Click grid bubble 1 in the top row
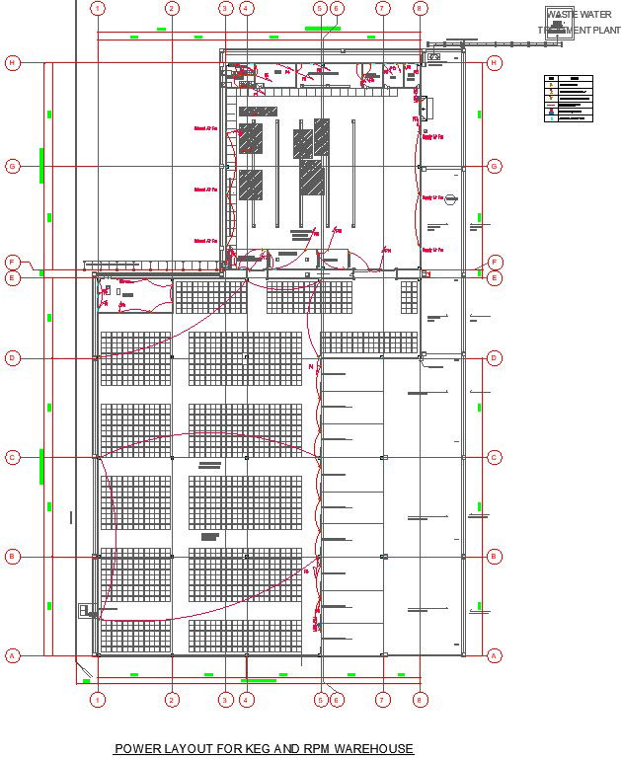point(98,9)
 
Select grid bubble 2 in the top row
point(172,9)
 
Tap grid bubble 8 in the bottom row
point(421,700)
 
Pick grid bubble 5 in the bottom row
point(321,700)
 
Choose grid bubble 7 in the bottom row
point(382,700)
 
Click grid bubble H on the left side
point(13,62)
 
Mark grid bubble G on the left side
point(13,167)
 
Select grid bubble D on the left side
point(13,358)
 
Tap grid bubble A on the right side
point(495,655)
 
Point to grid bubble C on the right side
point(495,457)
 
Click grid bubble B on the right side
point(495,557)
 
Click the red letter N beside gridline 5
point(311,368)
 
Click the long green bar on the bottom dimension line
point(259,680)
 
